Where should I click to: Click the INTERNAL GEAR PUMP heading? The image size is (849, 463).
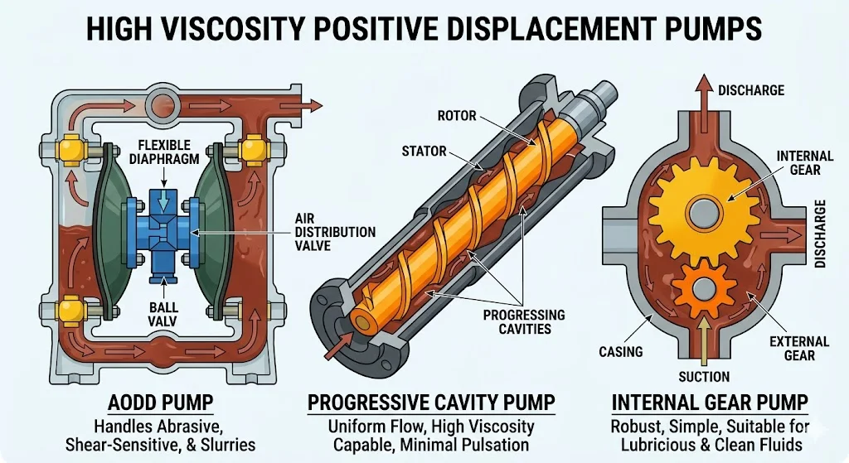[x=710, y=403]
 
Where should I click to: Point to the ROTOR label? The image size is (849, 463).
[x=456, y=115]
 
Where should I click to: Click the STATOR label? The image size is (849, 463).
[x=424, y=152]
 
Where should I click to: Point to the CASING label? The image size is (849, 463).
[x=621, y=351]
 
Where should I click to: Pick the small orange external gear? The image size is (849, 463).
[x=701, y=287]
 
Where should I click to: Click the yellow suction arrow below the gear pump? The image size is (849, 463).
[x=703, y=345]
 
